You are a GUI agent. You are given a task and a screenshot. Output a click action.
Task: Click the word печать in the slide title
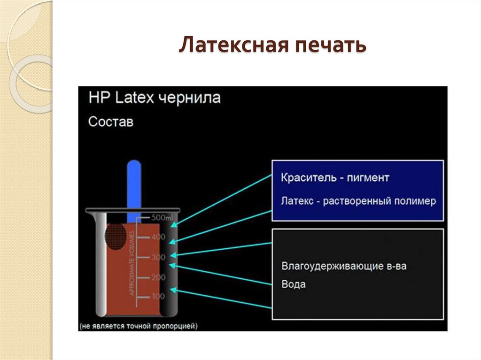tap(328, 46)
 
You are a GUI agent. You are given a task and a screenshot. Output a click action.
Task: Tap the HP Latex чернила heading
tap(155, 99)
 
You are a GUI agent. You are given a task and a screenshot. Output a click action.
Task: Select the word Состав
tap(111, 122)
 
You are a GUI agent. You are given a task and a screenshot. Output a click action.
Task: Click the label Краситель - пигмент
tap(335, 178)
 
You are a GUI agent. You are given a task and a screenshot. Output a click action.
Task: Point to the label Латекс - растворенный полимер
tap(358, 201)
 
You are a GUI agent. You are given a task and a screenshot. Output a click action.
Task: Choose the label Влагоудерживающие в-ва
tap(344, 266)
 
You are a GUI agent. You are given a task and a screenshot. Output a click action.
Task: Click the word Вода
tap(293, 284)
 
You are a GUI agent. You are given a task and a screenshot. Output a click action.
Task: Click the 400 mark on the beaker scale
tap(158, 237)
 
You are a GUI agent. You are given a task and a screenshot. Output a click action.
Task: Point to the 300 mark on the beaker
tap(158, 257)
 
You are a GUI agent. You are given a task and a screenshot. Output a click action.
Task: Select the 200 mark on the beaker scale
tap(158, 277)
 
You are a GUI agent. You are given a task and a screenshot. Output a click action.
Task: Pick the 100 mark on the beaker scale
tap(158, 297)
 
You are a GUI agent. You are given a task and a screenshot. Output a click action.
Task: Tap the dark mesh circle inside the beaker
tap(116, 237)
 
